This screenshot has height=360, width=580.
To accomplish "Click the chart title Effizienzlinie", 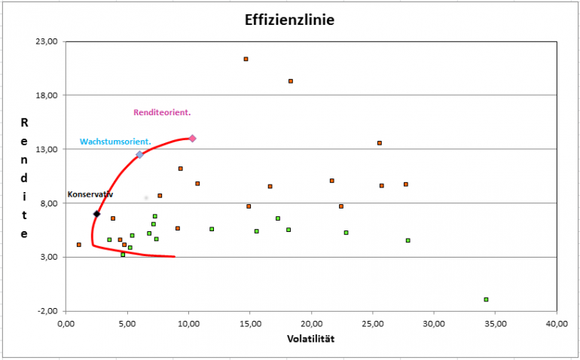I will coord(289,20).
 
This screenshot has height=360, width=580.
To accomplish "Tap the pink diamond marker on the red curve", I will coord(192,139).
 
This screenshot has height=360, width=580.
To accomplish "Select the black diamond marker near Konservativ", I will coord(96,214).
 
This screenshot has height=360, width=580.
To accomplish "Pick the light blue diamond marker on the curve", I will coord(139,154).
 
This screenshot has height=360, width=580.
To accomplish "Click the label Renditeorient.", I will coord(162,112).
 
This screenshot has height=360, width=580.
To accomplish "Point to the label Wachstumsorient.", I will coord(115,142).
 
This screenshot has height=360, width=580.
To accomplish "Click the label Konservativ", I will coord(90,194).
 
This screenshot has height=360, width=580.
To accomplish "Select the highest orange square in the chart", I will coord(246,59).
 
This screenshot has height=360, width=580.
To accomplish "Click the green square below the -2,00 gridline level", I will coord(486,300).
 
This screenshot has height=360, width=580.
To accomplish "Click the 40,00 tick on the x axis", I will coord(557,323).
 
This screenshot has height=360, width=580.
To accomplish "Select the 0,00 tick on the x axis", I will coord(66,323).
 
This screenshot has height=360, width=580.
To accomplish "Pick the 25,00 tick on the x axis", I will coord(373,323).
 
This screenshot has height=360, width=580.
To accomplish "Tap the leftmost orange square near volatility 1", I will coord(78,245).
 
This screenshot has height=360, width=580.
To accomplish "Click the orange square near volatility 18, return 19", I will coord(290,81).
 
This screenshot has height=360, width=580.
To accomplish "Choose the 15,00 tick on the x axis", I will coord(250,323).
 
